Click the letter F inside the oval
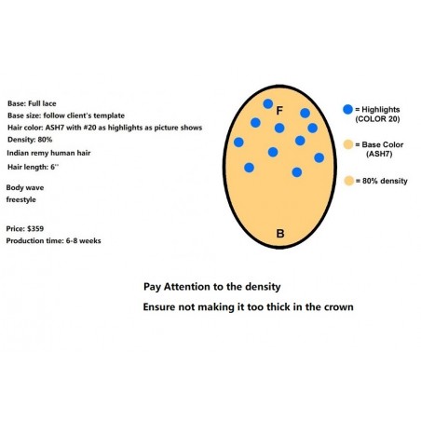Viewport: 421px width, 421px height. (x=279, y=111)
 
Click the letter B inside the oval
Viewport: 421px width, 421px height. (x=280, y=234)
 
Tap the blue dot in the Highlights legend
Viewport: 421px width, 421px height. (x=348, y=109)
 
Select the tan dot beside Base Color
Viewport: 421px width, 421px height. (x=348, y=144)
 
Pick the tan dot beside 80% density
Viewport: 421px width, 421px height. (x=349, y=181)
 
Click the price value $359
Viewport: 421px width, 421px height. (x=35, y=229)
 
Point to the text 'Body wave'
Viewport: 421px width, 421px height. (x=25, y=187)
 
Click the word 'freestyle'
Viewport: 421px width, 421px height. (x=20, y=199)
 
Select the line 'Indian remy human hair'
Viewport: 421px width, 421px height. (x=48, y=153)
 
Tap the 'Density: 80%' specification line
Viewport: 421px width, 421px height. (x=30, y=140)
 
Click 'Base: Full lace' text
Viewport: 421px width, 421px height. (x=32, y=103)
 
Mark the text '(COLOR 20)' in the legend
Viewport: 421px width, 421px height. (x=377, y=119)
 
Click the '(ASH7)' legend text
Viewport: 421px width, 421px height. (x=379, y=154)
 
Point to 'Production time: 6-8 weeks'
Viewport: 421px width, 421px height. (x=53, y=241)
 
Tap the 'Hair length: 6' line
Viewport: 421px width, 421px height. (x=33, y=167)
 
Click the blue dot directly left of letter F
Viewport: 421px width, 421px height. (x=268, y=103)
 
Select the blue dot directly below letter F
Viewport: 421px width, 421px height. (x=279, y=128)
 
